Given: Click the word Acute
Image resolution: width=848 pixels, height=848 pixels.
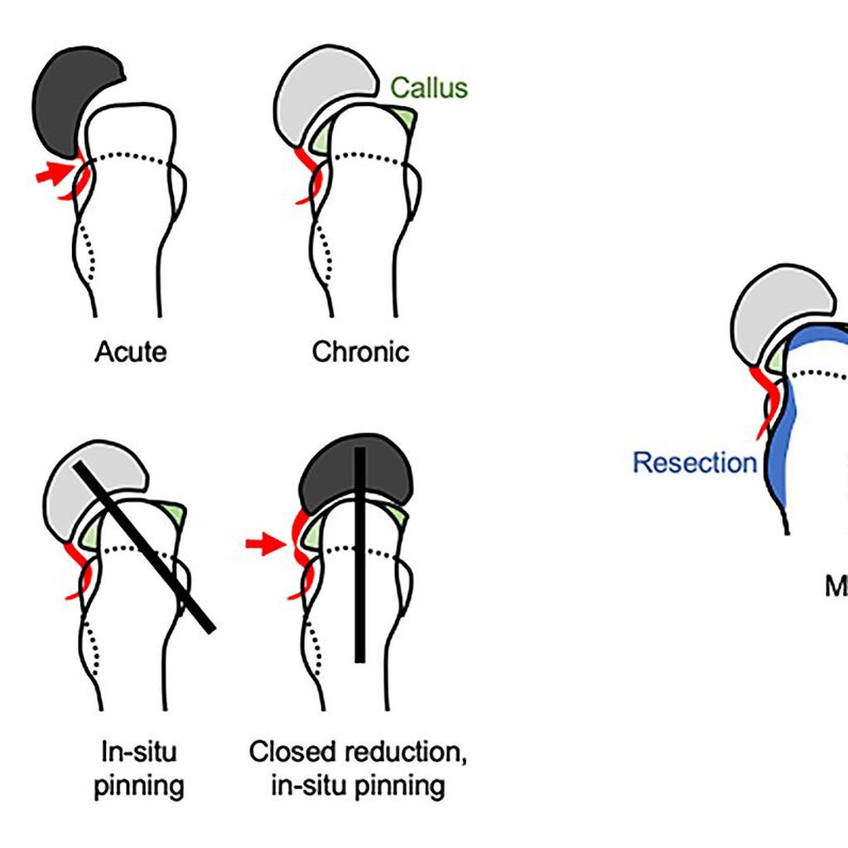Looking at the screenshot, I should click(130, 352).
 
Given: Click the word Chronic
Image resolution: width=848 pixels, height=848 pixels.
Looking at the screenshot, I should click(360, 352).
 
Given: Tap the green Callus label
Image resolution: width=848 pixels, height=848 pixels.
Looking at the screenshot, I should click(429, 88).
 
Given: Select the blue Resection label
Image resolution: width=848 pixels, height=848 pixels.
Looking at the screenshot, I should click(694, 462).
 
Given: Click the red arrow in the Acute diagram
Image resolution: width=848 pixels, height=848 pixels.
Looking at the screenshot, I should click(55, 174).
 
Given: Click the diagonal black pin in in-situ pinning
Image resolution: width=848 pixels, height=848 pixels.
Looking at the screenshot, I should click(145, 547).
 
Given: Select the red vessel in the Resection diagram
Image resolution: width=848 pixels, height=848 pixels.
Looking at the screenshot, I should click(767, 397).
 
